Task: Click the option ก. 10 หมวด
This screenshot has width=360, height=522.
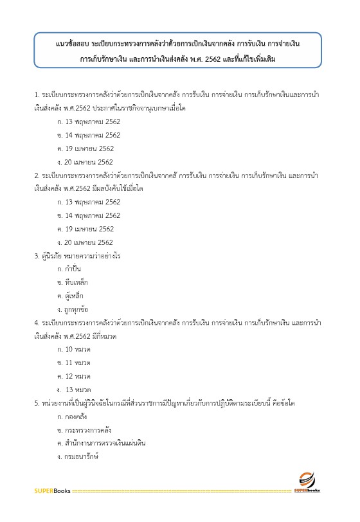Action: click(x=74, y=350)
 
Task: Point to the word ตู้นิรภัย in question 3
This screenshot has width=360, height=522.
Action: click(x=55, y=256)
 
